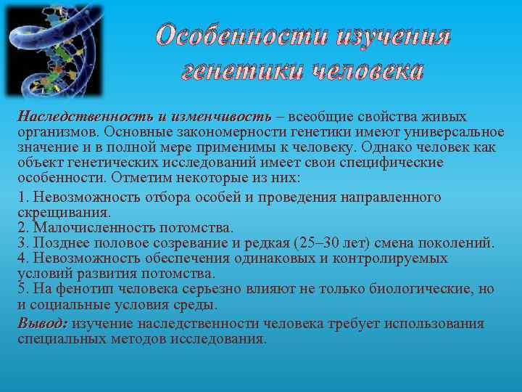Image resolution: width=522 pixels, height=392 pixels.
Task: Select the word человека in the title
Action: pyautogui.click(x=367, y=70)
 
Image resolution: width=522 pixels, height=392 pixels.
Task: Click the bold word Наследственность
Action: pyautogui.click(x=85, y=117)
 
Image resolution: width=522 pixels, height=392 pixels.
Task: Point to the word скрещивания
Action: pyautogui.click(x=64, y=213)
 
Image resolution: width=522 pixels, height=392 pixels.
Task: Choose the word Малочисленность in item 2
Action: pyautogui.click(x=88, y=227)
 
